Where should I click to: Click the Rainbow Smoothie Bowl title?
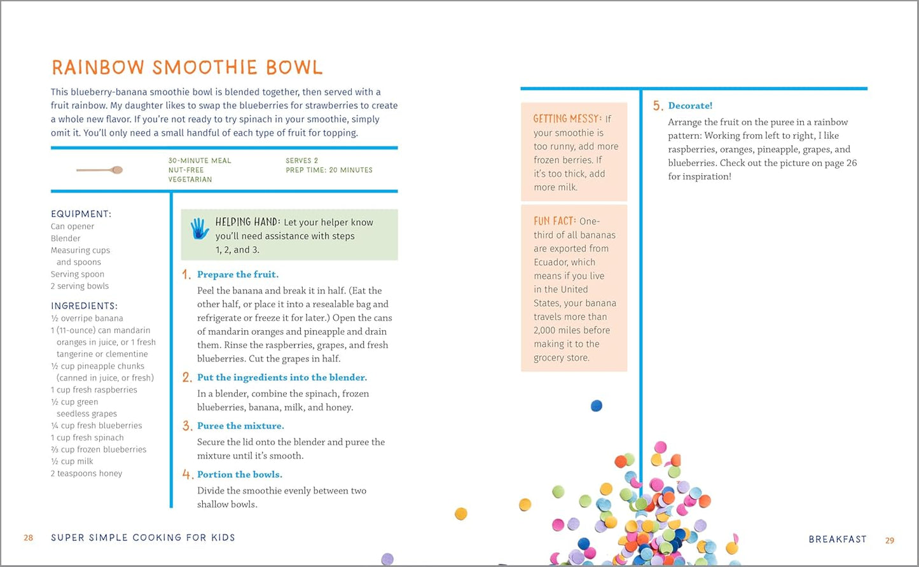[187, 67]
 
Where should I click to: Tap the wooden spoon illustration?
[100, 170]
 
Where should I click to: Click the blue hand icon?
[200, 228]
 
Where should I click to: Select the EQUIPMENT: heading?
[81, 214]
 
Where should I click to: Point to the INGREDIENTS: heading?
[84, 306]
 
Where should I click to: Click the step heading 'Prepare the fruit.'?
[238, 274]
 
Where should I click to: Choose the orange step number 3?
[187, 426]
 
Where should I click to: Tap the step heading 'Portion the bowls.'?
[240, 475]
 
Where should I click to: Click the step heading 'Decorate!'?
[690, 106]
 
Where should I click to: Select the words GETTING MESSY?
[567, 119]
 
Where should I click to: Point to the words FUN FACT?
[555, 221]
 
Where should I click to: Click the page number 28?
[29, 538]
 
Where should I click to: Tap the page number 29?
[890, 540]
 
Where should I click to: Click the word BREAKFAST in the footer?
[838, 540]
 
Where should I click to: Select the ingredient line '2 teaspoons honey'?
[86, 473]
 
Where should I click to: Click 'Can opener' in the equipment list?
[73, 227]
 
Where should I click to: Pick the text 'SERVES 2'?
[302, 160]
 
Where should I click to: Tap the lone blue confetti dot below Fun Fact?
[596, 405]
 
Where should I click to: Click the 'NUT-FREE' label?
[186, 170]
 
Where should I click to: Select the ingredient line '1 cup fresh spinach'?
[87, 438]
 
